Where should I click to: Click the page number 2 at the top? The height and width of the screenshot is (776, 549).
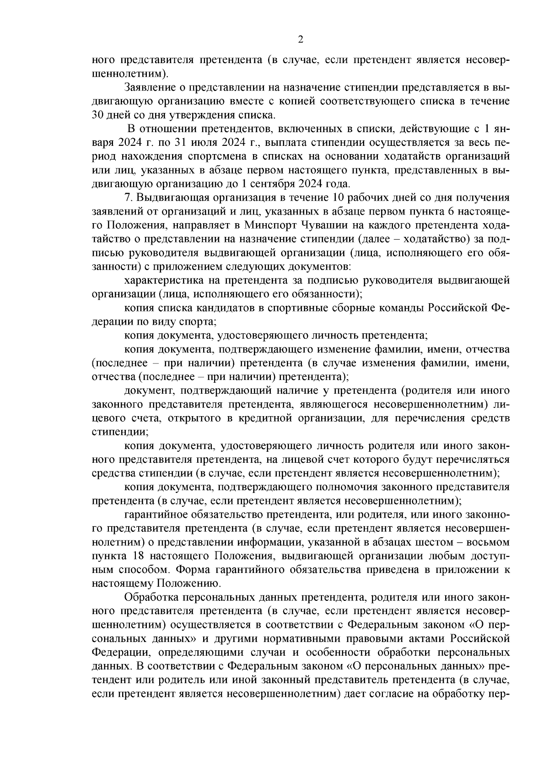click(301, 40)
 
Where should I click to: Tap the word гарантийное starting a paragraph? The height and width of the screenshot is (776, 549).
click(153, 515)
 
